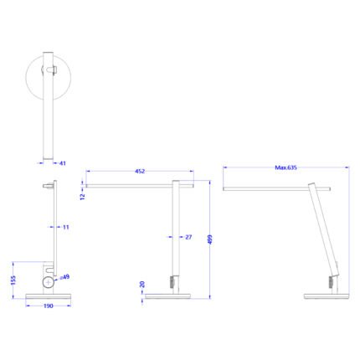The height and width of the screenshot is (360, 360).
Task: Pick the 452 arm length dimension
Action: [140, 172]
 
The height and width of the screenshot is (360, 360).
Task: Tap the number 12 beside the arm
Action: [84, 197]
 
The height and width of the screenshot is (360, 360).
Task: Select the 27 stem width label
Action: [189, 238]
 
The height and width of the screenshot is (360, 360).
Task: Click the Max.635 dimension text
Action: [285, 167]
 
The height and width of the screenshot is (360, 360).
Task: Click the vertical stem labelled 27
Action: [176, 234]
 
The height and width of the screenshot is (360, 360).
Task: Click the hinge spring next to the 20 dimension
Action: [175, 282]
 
